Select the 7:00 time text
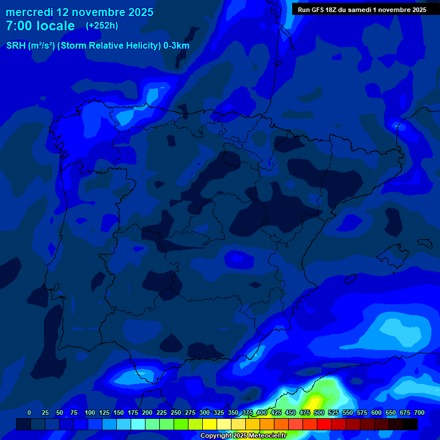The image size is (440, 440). pyautogui.click(x=18, y=26)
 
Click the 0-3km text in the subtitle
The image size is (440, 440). pyautogui.click(x=176, y=46)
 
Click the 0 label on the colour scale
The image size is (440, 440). pyautogui.click(x=29, y=412)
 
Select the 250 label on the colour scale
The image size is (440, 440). pyautogui.click(x=176, y=412)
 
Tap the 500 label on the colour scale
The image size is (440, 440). pyautogui.click(x=319, y=412)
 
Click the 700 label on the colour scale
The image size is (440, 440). pyautogui.click(x=419, y=412)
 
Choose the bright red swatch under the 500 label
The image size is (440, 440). pyautogui.click(x=324, y=424)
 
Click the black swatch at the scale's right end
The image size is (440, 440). pyautogui.click(x=410, y=424)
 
